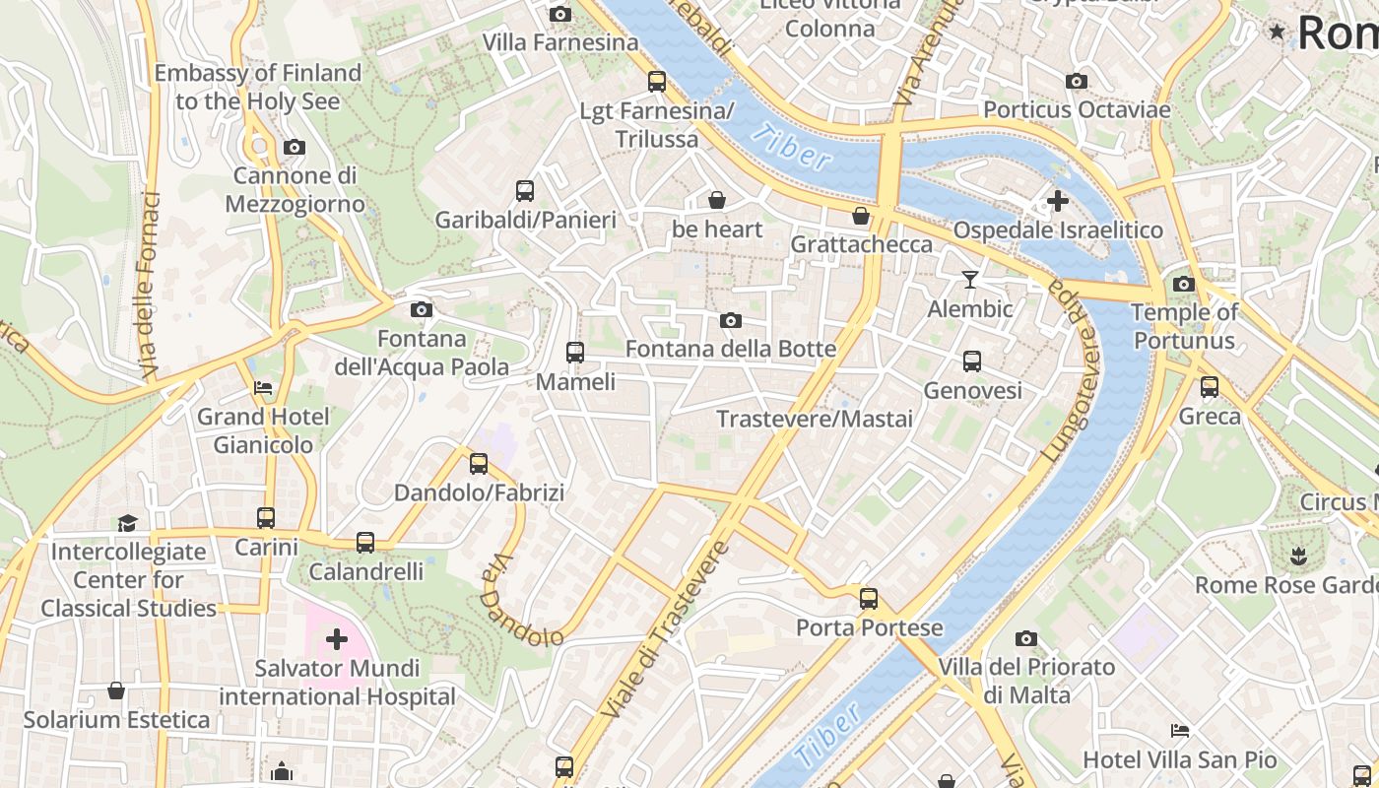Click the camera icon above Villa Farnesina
[559, 14]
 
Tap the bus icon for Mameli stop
[575, 352]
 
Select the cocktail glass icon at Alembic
[970, 280]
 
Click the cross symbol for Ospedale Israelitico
[1057, 201]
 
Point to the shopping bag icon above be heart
[717, 200]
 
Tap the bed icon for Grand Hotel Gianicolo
[263, 387]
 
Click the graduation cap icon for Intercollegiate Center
[127, 522]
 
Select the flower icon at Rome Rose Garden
[1298, 556]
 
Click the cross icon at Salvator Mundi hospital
[337, 639]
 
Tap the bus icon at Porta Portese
[869, 598]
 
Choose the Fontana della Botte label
[731, 349]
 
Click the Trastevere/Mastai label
[815, 419]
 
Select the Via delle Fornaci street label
[149, 286]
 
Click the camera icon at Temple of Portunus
[1184, 285]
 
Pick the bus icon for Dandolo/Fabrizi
[479, 463]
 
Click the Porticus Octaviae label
[1077, 109]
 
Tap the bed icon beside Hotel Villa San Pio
[1179, 730]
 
